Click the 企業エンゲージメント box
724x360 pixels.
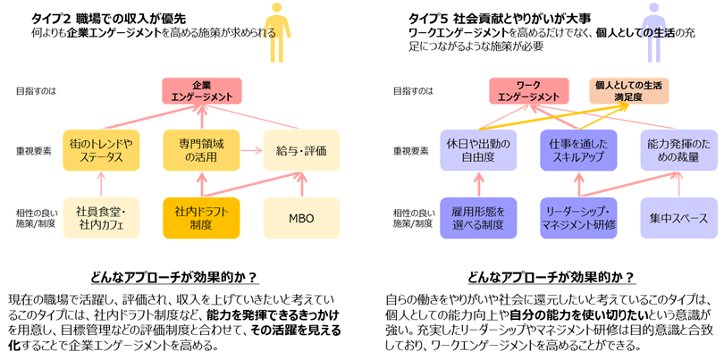point(201,90)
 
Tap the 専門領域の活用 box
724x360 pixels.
point(201,150)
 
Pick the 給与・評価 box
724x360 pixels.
point(301,150)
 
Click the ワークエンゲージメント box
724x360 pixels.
point(528,90)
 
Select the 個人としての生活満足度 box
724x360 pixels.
point(628,90)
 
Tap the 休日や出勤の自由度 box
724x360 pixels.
point(479,150)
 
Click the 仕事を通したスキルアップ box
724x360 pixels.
point(579,150)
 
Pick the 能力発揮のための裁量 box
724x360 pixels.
point(679,150)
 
